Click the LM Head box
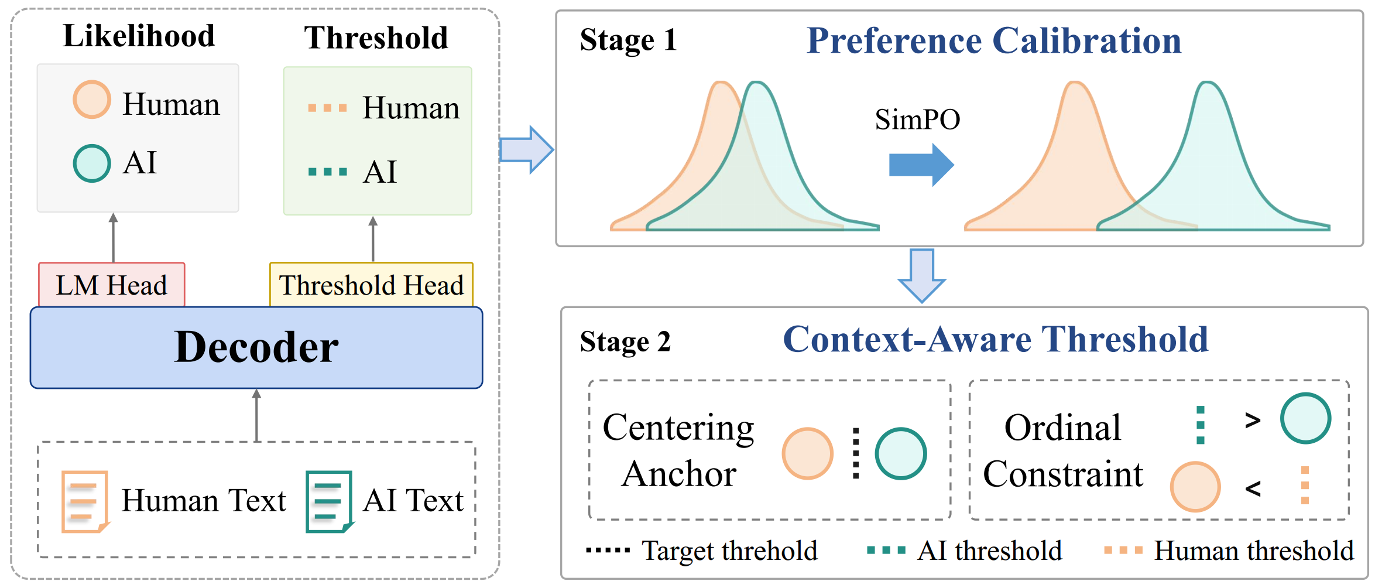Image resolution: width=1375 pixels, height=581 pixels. (112, 285)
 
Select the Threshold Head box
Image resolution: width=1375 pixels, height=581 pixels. (371, 285)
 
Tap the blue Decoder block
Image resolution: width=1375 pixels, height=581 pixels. (256, 347)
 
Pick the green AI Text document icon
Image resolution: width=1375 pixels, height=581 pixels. (330, 501)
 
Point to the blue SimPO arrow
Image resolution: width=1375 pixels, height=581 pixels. (921, 165)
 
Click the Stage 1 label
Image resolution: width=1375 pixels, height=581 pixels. (628, 40)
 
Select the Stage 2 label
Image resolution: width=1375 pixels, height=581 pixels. (625, 341)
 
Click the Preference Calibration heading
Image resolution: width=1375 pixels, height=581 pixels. (994, 40)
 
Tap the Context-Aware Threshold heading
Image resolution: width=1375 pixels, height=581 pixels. (996, 339)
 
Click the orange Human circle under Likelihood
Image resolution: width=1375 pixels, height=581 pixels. (92, 100)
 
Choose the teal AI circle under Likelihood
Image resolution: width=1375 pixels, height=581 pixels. (92, 163)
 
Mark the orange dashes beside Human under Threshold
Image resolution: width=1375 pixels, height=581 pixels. (327, 108)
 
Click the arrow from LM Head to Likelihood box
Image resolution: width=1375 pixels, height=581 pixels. (114, 238)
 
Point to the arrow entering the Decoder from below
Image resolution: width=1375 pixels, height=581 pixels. (256, 415)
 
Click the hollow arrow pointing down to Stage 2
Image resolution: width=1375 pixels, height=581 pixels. (922, 276)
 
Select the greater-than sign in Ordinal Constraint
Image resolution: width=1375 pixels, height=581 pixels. (1253, 420)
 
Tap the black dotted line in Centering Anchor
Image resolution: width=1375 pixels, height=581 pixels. (856, 453)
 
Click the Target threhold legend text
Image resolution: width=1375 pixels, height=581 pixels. (729, 551)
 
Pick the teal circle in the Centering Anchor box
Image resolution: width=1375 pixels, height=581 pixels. (901, 453)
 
